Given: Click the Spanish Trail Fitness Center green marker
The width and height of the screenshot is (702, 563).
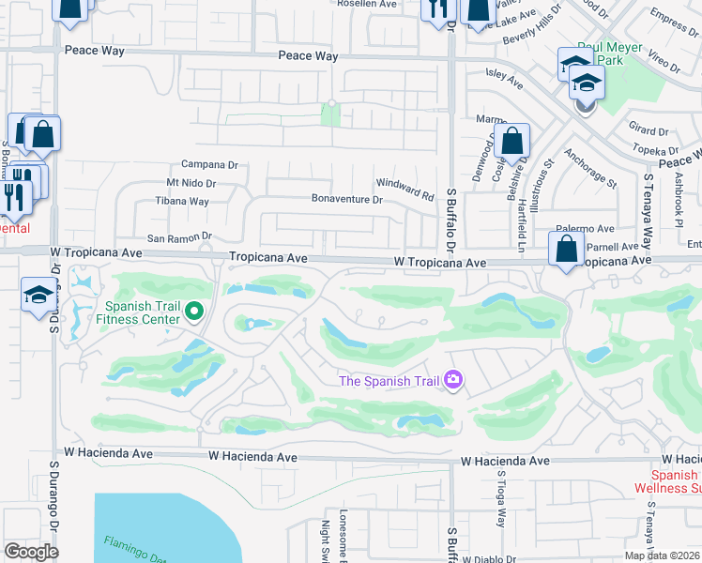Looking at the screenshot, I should pyautogui.click(x=194, y=311).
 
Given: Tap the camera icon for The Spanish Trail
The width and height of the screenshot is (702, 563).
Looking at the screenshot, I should pyautogui.click(x=453, y=380).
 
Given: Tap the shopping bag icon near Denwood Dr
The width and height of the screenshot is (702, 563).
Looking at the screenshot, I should pyautogui.click(x=512, y=143).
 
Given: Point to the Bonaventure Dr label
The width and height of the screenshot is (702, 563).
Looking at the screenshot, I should pyautogui.click(x=347, y=199).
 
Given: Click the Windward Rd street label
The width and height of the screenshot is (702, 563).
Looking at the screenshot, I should pyautogui.click(x=404, y=190).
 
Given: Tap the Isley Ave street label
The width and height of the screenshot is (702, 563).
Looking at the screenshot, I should pyautogui.click(x=503, y=78).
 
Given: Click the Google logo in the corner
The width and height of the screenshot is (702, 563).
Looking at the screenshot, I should pyautogui.click(x=31, y=551).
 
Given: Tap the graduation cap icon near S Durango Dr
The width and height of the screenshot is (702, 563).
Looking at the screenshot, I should pyautogui.click(x=38, y=295).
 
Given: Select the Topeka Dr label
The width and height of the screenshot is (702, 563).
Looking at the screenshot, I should pyautogui.click(x=656, y=150).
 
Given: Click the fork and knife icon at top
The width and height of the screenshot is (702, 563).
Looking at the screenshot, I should pyautogui.click(x=436, y=9).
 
